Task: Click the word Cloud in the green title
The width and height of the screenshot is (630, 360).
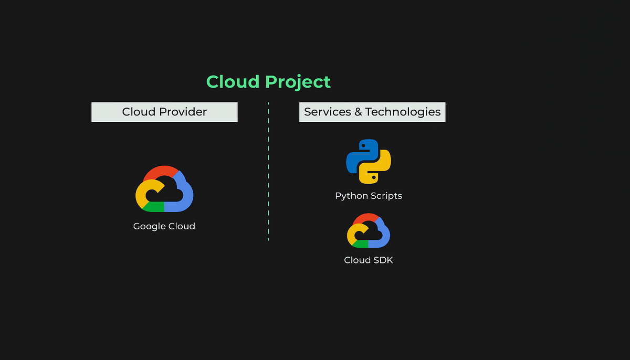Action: point(233,82)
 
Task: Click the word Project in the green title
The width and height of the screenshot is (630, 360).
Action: point(298,82)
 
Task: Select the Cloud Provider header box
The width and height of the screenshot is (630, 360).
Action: point(164,112)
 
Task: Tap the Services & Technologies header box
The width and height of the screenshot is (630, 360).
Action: point(372,112)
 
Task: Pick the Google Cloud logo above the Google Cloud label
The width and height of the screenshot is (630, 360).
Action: point(164,189)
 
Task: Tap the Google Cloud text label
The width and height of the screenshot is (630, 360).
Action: point(164,226)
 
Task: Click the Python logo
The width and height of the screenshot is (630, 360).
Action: point(369,162)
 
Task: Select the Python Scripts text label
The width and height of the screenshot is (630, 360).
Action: point(369,196)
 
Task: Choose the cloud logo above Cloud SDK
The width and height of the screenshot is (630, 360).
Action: point(369,230)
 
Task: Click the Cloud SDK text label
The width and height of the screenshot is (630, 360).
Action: point(369,260)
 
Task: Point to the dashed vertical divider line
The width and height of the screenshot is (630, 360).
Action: point(268,173)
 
